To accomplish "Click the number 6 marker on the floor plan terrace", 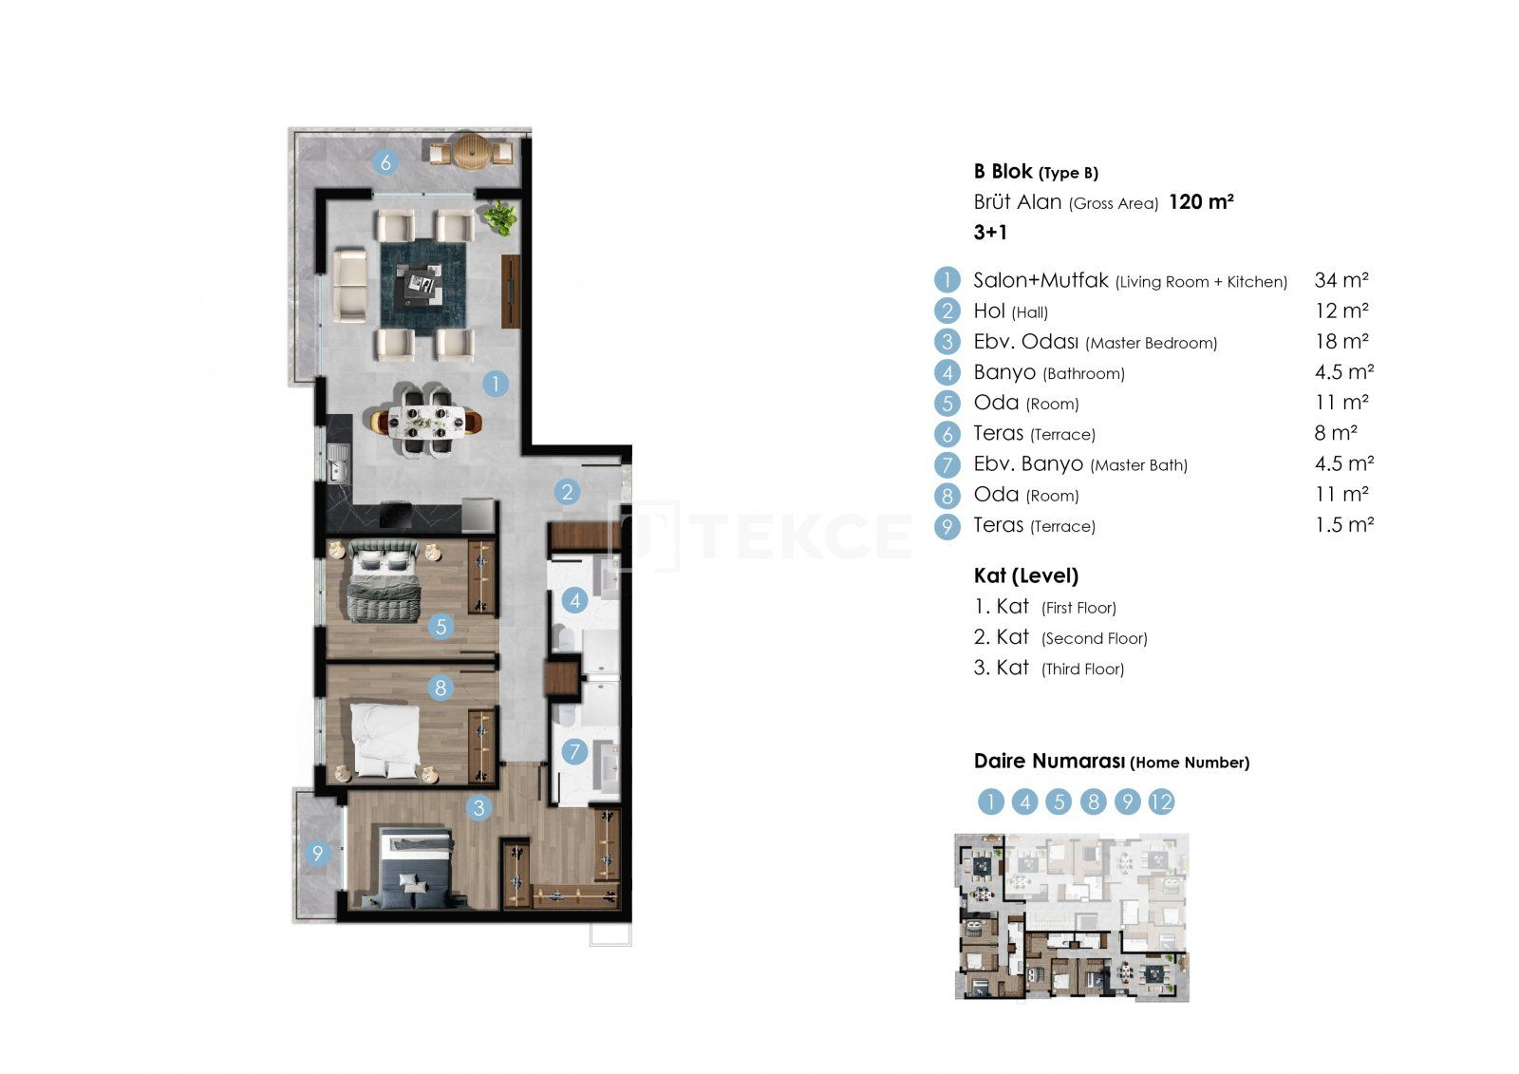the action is coord(385,162).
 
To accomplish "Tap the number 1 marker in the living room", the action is coord(496,384).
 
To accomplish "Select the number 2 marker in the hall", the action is coord(567,492).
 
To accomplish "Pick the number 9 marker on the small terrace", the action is coord(317,853).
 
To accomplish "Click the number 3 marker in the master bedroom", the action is coord(478,808).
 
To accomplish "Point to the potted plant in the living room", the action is coord(500,217).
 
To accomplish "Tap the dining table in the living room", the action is coord(426,422).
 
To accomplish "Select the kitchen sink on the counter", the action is coord(338,462).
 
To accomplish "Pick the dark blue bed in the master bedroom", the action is coord(416,868).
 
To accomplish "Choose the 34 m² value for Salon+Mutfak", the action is coord(1341,280).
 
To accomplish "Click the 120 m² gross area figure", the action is coord(1201,201).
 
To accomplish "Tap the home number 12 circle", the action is coord(1161,801).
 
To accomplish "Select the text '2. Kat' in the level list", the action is coord(1001,637).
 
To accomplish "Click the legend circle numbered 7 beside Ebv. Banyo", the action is coord(947,464).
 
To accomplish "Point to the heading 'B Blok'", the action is coord(1003,171).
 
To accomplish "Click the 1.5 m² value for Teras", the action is coord(1344,524).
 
